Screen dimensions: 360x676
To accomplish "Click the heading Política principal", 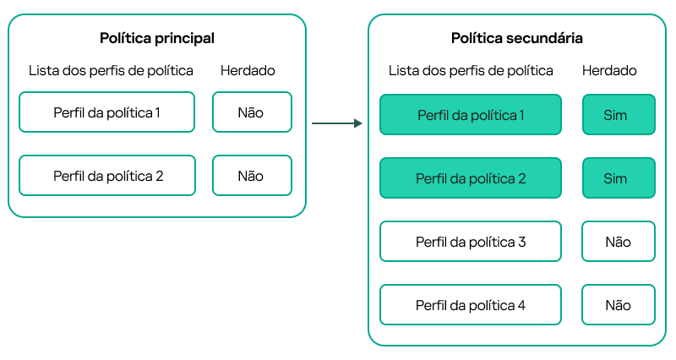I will (x=157, y=38).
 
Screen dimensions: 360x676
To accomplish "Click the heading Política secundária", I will (x=516, y=38).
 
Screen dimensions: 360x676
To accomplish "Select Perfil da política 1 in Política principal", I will (x=106, y=112).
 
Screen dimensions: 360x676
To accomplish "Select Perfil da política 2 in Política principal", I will (x=106, y=176).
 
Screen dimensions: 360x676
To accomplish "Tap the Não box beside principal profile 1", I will (x=252, y=112).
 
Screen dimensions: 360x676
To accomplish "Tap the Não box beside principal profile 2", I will (x=252, y=176).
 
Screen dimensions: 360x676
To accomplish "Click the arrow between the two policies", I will (x=335, y=124).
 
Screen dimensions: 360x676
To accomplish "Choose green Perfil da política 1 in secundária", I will (x=471, y=114).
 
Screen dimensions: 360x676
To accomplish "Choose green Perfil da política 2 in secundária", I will (x=471, y=178).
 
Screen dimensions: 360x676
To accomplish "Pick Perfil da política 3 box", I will (x=471, y=242).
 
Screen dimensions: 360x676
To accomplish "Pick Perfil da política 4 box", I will (x=471, y=305).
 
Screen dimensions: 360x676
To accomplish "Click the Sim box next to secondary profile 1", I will (x=618, y=114).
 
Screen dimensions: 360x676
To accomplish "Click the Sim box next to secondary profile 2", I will (x=618, y=178).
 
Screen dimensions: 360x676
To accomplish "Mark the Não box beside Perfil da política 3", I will (x=618, y=242).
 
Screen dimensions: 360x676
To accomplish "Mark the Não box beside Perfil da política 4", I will (x=618, y=305).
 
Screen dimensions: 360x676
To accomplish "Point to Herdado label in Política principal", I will (x=248, y=71).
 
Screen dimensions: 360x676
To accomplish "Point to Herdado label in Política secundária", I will (x=609, y=71).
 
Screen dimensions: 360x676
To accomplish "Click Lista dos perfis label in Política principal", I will (x=111, y=71).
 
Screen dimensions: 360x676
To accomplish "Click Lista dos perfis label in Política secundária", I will (x=471, y=71).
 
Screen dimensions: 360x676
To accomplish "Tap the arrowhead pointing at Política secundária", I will (x=357, y=124).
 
